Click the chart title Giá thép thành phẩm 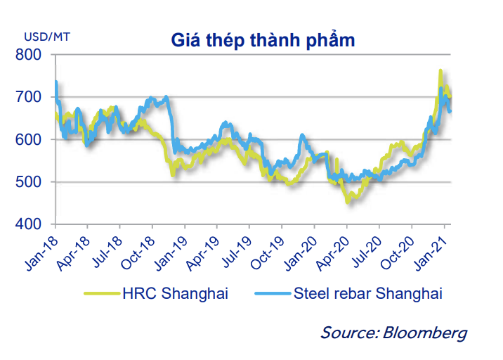pyautogui.click(x=263, y=40)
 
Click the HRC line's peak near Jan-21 pyautogui.click(x=440, y=71)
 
